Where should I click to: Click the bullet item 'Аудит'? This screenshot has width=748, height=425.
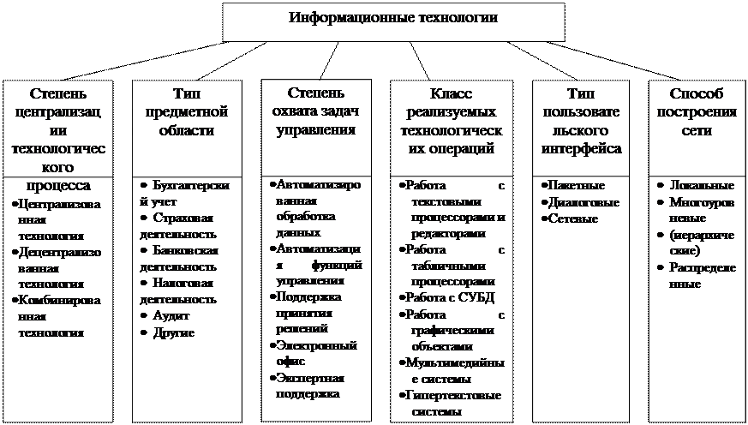tap(168, 315)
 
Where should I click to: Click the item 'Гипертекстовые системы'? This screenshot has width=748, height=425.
tap(452, 403)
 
